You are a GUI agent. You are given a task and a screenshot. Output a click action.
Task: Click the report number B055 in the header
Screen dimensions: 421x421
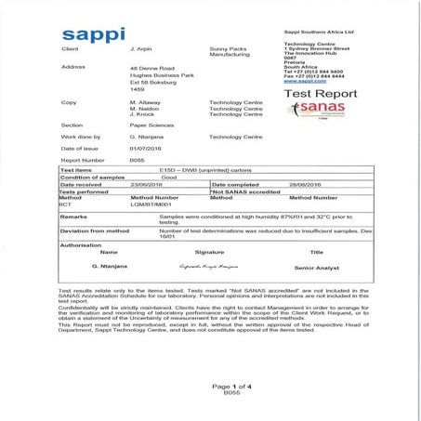(138, 160)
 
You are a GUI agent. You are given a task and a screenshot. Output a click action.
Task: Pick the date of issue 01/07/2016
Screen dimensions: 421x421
(144, 149)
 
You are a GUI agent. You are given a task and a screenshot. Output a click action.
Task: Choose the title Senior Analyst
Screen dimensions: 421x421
(316, 266)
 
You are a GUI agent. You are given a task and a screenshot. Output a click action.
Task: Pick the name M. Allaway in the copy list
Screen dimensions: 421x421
(146, 101)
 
